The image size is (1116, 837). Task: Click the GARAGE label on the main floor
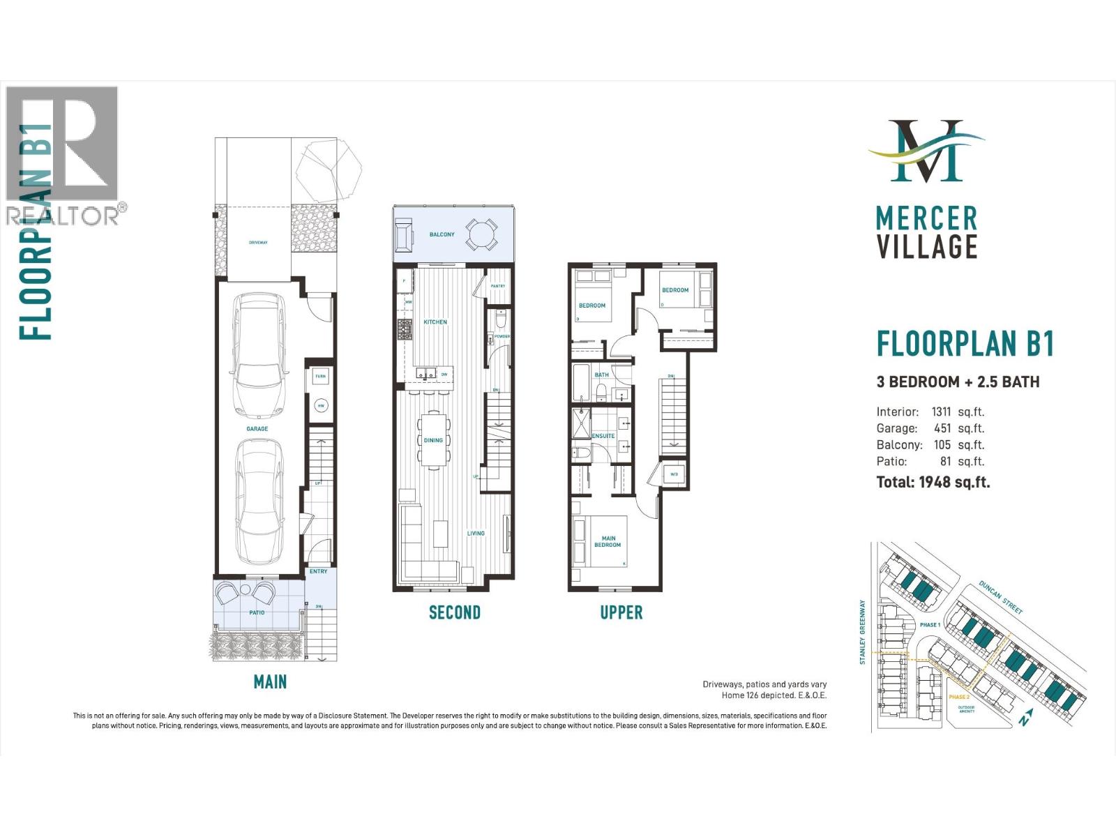tap(257, 429)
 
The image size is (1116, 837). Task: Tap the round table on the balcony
tap(481, 234)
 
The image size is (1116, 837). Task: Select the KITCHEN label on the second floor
tap(435, 322)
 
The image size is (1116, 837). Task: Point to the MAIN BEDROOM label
tap(608, 542)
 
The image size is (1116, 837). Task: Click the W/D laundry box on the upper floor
tap(674, 474)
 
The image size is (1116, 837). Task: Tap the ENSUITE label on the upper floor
tap(603, 436)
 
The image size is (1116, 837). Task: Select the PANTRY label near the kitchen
tap(497, 286)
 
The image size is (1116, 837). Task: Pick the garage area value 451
tap(942, 428)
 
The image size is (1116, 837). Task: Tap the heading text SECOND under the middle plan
tap(454, 613)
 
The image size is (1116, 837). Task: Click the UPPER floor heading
tap(621, 613)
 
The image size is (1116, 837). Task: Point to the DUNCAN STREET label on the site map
tap(1001, 598)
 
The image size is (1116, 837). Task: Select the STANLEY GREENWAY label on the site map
tap(863, 632)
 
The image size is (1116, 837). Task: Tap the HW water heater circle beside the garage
tap(321, 405)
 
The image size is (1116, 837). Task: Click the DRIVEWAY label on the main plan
tap(258, 243)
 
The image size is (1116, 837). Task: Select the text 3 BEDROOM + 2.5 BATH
tap(958, 382)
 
